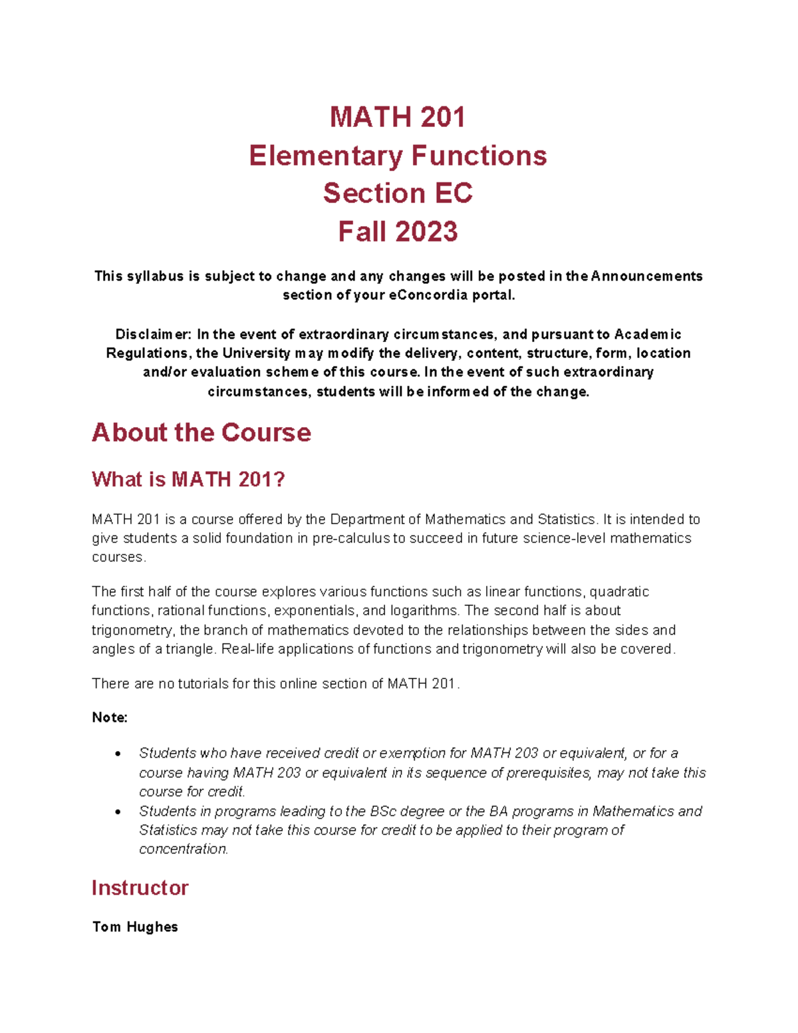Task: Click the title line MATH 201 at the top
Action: (x=398, y=117)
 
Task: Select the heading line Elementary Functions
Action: (x=398, y=156)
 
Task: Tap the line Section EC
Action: (x=398, y=194)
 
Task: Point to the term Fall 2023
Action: (x=398, y=231)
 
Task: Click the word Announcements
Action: (x=646, y=276)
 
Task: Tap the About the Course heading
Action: (x=201, y=432)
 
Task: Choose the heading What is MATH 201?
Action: (x=188, y=479)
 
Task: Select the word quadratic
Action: (x=619, y=592)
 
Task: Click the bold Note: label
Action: (x=110, y=718)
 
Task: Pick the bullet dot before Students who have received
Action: (x=118, y=754)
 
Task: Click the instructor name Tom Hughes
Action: (x=135, y=927)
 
